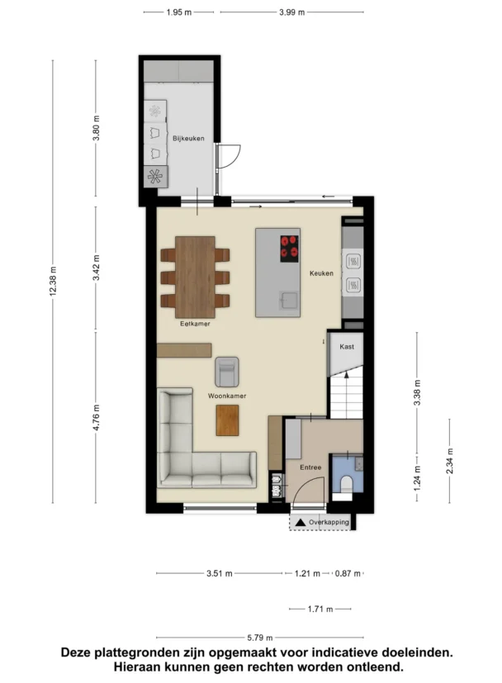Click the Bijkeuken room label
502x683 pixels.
point(188,139)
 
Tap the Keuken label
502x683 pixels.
point(321,273)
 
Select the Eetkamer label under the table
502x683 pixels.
point(195,324)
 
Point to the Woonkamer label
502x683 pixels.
point(227,396)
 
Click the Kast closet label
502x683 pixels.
point(347,347)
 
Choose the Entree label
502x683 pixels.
point(310,467)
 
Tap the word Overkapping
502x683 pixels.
point(329,522)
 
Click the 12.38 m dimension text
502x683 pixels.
point(53,281)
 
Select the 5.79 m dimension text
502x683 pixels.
point(260,638)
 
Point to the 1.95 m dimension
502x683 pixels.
point(179,12)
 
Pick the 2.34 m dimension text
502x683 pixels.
point(450,461)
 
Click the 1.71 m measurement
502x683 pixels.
point(320,609)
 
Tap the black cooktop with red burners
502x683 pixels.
point(290,249)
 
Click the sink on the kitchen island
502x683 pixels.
point(289,300)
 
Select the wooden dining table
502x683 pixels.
point(195,277)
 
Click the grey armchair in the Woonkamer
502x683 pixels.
point(227,372)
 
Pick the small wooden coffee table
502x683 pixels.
point(227,420)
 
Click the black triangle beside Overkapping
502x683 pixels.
point(301,522)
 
